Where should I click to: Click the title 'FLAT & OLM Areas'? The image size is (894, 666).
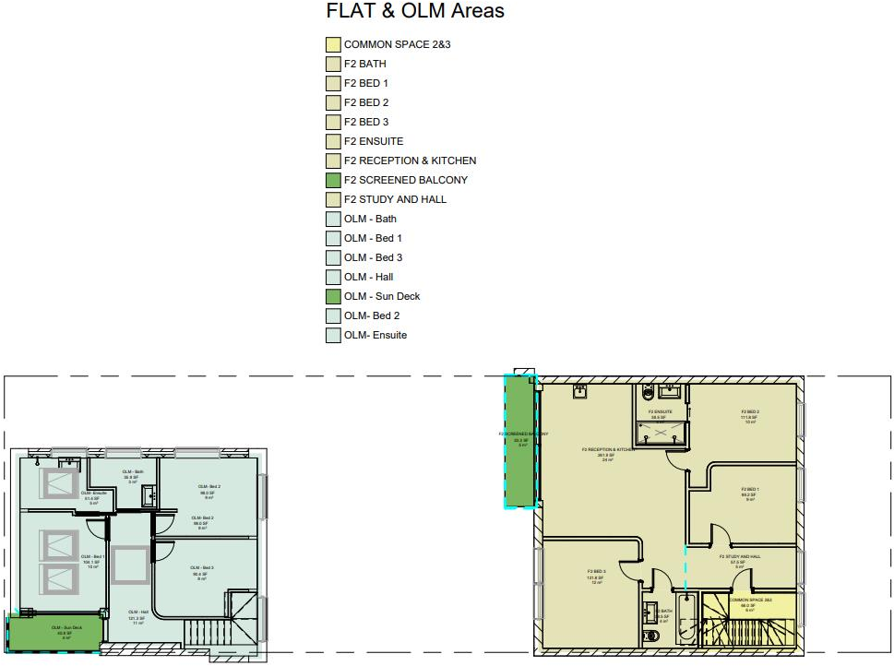click(x=415, y=12)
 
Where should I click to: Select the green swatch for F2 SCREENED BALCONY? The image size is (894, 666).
click(x=333, y=180)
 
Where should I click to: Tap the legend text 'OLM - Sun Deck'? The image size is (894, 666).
click(x=381, y=296)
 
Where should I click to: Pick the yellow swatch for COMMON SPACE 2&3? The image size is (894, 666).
click(x=333, y=44)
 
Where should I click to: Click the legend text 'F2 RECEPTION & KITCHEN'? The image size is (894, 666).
click(x=410, y=161)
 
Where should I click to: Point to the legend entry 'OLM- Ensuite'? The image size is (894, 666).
click(x=375, y=335)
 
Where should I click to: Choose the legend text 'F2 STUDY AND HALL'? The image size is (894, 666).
click(x=395, y=199)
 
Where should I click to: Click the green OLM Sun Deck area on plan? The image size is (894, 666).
click(x=54, y=633)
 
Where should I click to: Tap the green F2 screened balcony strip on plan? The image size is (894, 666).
click(x=522, y=441)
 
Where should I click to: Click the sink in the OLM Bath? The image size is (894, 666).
click(x=149, y=496)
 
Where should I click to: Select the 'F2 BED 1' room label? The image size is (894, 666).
click(x=750, y=492)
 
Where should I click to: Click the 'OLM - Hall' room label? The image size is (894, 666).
click(x=137, y=614)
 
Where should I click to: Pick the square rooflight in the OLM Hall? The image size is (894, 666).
click(x=129, y=564)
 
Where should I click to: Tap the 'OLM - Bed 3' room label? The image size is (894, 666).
click(x=203, y=570)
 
